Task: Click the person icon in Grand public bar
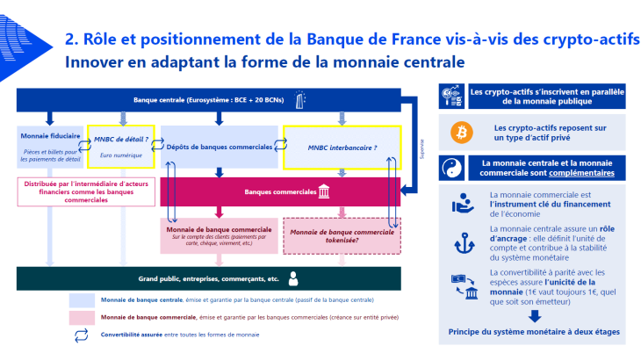(293, 278)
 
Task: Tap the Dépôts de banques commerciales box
(219, 147)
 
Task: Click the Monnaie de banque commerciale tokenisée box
(341, 235)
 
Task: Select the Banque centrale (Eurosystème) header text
(206, 100)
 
